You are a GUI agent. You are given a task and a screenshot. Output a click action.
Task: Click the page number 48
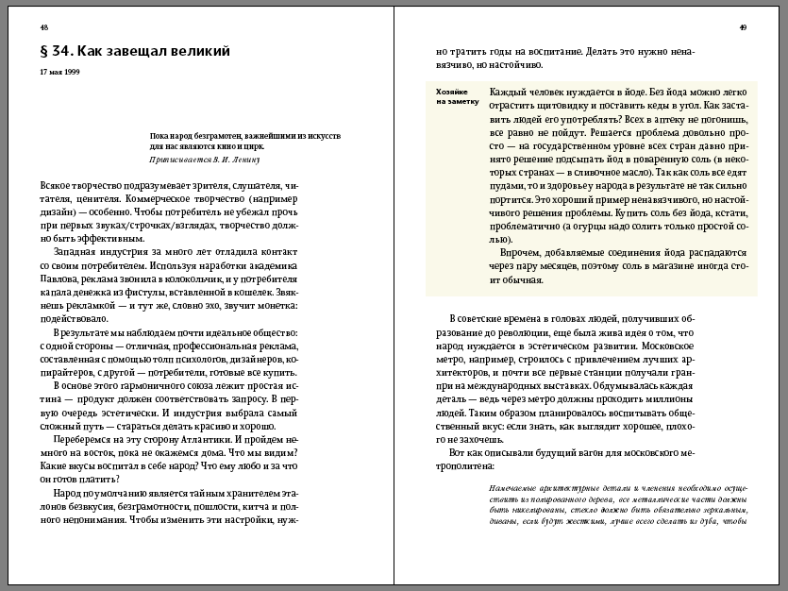(x=44, y=27)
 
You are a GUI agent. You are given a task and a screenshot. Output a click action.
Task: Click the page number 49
(x=744, y=27)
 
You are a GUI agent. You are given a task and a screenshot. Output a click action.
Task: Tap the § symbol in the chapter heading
(x=45, y=50)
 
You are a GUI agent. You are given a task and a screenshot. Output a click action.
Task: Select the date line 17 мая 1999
(x=59, y=72)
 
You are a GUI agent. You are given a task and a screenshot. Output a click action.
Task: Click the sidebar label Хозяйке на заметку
(x=456, y=96)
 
